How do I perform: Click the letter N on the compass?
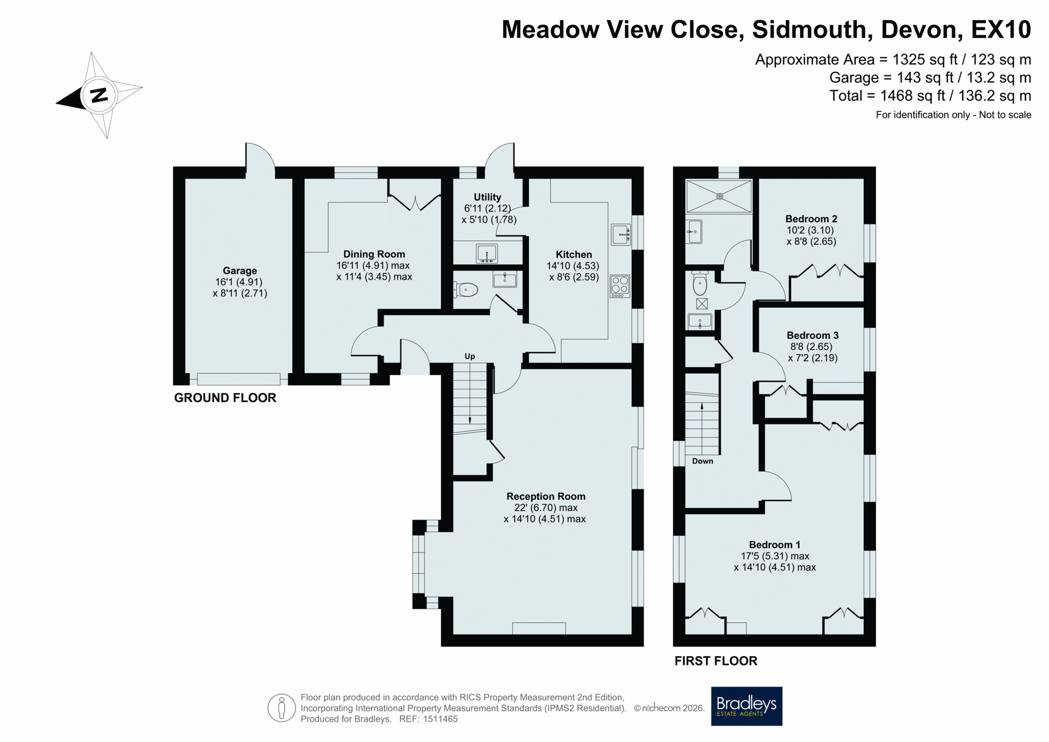pyautogui.click(x=99, y=96)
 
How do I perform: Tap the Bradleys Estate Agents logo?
pyautogui.click(x=746, y=706)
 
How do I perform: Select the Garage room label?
pyautogui.click(x=240, y=270)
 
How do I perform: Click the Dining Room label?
pyautogui.click(x=374, y=254)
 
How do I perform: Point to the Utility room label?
pyautogui.click(x=487, y=197)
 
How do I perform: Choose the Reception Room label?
pyautogui.click(x=546, y=496)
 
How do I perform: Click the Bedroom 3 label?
pyautogui.click(x=812, y=335)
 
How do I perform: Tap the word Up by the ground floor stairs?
pyautogui.click(x=470, y=356)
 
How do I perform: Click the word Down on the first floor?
pyautogui.click(x=703, y=461)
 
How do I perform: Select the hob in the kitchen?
pyautogui.click(x=620, y=286)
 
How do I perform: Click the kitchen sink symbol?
pyautogui.click(x=621, y=234)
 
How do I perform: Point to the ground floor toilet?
pyautogui.click(x=465, y=290)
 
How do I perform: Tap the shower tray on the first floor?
pyautogui.click(x=719, y=196)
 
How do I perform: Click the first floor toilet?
pyautogui.click(x=700, y=282)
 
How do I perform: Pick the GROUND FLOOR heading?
pyautogui.click(x=225, y=398)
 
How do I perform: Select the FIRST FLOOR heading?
pyautogui.click(x=716, y=661)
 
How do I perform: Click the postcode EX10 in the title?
pyautogui.click(x=1001, y=30)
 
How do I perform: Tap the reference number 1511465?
pyautogui.click(x=439, y=719)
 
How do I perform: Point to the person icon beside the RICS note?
pyautogui.click(x=281, y=708)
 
